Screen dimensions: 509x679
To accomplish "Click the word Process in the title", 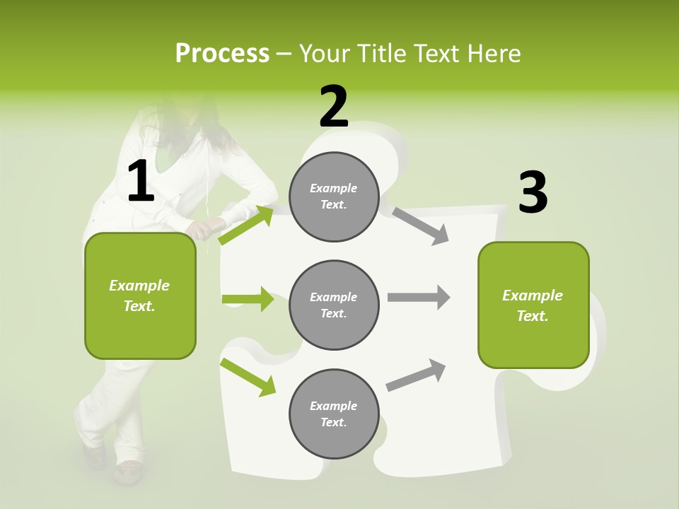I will pyautogui.click(x=222, y=54).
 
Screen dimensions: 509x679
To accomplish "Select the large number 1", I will pyautogui.click(x=141, y=182).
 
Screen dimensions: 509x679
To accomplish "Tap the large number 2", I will pyautogui.click(x=334, y=107).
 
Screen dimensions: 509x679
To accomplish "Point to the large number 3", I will pyautogui.click(x=533, y=193).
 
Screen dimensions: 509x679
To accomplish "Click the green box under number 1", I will pyautogui.click(x=140, y=296).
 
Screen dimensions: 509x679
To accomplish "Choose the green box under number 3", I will pyautogui.click(x=533, y=305).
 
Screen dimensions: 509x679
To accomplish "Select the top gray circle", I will pyautogui.click(x=334, y=197).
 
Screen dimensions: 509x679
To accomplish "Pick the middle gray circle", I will pyautogui.click(x=334, y=305).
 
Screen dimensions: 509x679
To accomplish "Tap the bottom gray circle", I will pyautogui.click(x=334, y=414).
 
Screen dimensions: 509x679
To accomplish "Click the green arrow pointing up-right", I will pyautogui.click(x=246, y=225).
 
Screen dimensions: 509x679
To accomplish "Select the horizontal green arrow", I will pyautogui.click(x=248, y=299).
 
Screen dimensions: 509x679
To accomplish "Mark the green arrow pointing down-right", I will pyautogui.click(x=248, y=377).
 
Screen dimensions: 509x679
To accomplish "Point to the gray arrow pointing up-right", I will pyautogui.click(x=416, y=375).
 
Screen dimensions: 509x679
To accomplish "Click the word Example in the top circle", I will pyautogui.click(x=334, y=189).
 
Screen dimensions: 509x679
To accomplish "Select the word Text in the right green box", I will pyautogui.click(x=532, y=316).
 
